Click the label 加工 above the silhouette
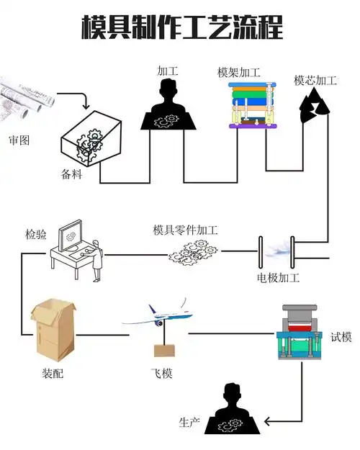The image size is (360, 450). pyautogui.click(x=167, y=71)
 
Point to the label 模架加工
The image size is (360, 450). pyautogui.click(x=238, y=73)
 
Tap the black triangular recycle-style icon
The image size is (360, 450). pyautogui.click(x=314, y=107)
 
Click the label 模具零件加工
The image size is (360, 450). pyautogui.click(x=185, y=230)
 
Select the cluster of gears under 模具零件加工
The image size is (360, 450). pyautogui.click(x=193, y=252)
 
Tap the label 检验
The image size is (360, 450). pyautogui.click(x=37, y=234)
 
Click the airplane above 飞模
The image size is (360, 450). pyautogui.click(x=156, y=314)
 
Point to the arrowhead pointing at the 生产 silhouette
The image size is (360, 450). pyautogui.click(x=266, y=421)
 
